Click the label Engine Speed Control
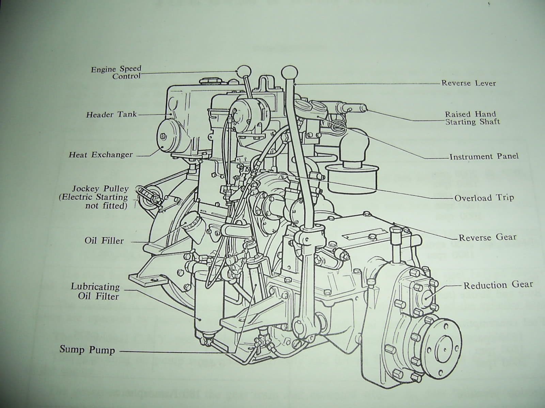116,73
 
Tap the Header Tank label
111,115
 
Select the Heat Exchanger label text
101,155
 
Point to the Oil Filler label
104,241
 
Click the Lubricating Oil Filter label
96,291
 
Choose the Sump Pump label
87,350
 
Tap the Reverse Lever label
468,83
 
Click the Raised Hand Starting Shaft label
472,118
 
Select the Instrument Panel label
484,157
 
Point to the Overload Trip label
484,198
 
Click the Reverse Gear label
487,237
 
